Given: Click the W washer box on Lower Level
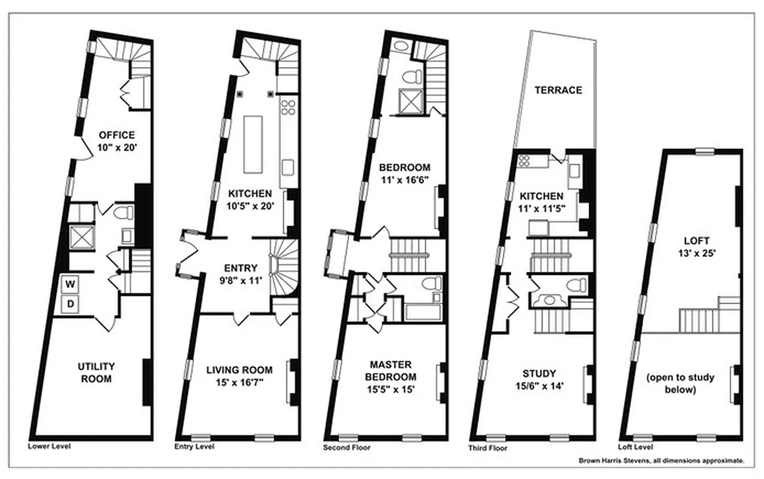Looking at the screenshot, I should [x=71, y=283].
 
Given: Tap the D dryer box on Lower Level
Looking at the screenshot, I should [x=71, y=304].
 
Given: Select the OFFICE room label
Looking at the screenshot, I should [x=117, y=135].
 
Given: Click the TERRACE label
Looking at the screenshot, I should [x=558, y=90].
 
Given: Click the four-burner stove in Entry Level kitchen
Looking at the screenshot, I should [x=289, y=107].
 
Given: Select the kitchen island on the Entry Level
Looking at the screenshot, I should [x=253, y=144].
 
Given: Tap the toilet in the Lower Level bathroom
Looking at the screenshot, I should [x=123, y=212].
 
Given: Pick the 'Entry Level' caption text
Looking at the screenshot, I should [x=194, y=447].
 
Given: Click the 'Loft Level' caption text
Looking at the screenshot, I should [x=635, y=447].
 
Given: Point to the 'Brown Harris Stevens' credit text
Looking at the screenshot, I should [x=661, y=461].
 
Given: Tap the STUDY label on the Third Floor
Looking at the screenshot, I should [x=538, y=372].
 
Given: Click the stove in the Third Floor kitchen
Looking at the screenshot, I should [x=524, y=160].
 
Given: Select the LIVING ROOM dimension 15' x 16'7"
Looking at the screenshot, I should [x=239, y=381].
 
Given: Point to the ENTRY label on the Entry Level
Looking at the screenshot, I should [x=240, y=268].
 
